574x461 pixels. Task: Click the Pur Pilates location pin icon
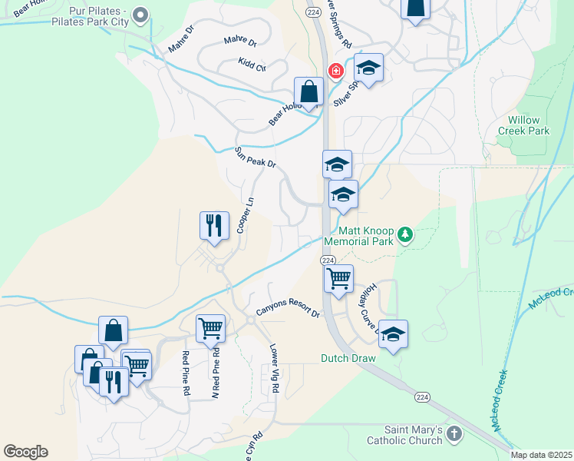pos(140,15)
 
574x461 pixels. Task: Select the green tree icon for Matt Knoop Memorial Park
pos(406,235)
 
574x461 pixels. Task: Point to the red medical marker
pos(335,71)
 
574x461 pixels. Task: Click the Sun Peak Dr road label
pos(255,158)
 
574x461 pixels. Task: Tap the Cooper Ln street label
pos(245,217)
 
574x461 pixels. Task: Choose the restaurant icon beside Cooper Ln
pos(214,225)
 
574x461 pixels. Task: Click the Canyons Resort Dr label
pos(287,309)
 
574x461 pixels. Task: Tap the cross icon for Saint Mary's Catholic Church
pos(455,433)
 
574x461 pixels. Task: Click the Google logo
pos(25,452)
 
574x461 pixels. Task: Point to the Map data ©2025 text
pos(541,455)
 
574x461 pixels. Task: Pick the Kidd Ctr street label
pos(252,65)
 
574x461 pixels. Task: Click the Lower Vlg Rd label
pos(275,369)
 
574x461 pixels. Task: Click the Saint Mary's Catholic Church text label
pos(414,435)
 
